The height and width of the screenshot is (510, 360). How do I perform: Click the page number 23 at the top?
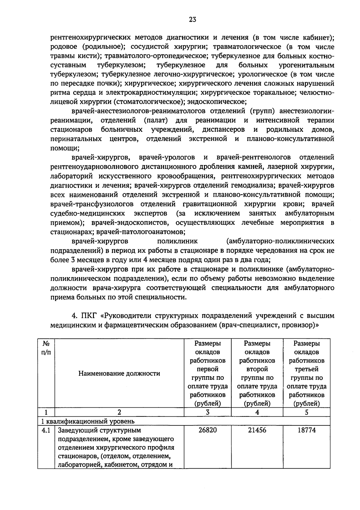point(193,19)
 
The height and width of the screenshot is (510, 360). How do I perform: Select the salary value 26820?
point(208,430)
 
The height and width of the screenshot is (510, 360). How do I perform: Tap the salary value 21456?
point(257,430)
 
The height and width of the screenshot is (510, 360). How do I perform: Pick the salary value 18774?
point(307,430)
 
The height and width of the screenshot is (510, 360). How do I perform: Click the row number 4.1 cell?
point(46,430)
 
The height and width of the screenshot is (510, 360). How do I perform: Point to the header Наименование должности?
point(119,373)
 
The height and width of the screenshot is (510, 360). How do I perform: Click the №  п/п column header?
point(46,348)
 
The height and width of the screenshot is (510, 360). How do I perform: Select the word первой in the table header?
point(208,369)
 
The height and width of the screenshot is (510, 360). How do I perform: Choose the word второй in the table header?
point(257,369)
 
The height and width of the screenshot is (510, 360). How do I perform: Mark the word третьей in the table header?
point(307,369)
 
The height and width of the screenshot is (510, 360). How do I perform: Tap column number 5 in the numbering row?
point(307,412)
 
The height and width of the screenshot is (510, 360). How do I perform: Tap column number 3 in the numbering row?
point(208,412)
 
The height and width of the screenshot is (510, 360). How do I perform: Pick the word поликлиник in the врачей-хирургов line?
point(177,241)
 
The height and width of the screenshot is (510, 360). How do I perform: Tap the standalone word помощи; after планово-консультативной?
point(64,148)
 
